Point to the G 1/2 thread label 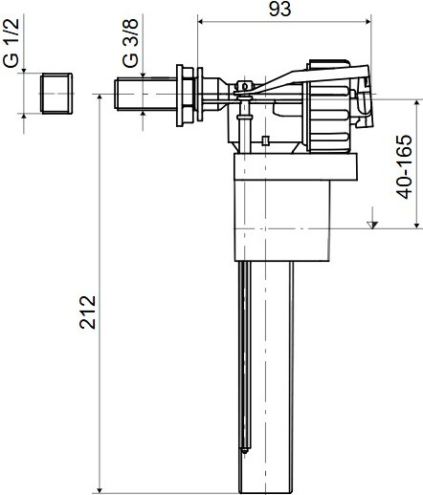click(11, 45)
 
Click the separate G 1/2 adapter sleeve click(57, 95)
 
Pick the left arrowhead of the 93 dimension click(200, 18)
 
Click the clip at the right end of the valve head click(364, 105)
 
